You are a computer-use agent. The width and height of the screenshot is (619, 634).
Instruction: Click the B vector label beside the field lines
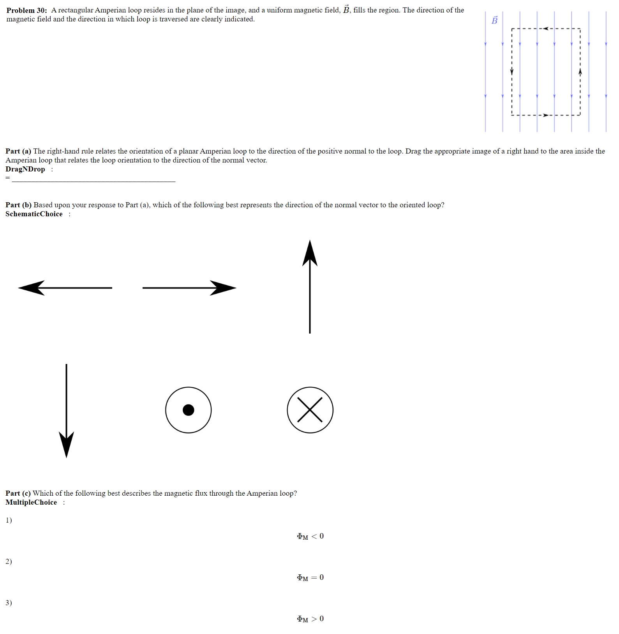(494, 20)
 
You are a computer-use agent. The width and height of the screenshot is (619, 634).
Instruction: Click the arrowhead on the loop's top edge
(546, 28)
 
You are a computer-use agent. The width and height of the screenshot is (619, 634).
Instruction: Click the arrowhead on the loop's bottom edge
(546, 115)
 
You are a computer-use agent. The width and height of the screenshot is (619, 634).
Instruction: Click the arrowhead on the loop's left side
(512, 72)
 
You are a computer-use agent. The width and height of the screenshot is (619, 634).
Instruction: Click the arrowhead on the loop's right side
(580, 72)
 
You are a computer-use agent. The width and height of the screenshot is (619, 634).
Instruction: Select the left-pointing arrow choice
(65, 288)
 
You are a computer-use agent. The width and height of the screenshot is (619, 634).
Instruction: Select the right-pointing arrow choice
(189, 288)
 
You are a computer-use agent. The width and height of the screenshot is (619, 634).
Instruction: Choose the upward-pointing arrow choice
(310, 286)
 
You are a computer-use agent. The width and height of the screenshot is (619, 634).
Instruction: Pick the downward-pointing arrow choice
(66, 411)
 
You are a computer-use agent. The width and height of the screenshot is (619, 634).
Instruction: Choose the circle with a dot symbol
(188, 410)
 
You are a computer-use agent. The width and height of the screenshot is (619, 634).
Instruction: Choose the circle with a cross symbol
(310, 410)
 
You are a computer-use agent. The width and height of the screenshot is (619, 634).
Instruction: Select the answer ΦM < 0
(310, 536)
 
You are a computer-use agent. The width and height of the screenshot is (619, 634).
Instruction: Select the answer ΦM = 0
(310, 577)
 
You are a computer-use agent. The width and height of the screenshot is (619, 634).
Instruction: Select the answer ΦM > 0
(310, 619)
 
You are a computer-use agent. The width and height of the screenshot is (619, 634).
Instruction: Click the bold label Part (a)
(18, 151)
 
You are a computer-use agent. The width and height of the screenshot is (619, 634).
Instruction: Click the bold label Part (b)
(18, 205)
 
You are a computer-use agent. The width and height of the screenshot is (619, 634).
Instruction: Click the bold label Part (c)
(18, 493)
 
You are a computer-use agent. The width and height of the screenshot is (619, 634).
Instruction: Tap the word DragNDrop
(25, 169)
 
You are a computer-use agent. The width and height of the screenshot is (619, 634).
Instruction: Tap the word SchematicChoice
(34, 214)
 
